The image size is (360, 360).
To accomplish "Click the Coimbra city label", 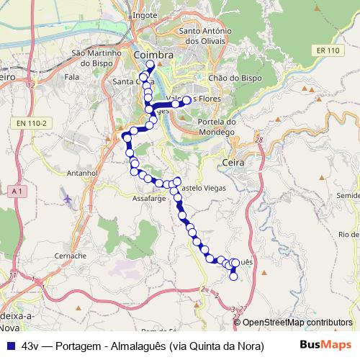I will point(153,55).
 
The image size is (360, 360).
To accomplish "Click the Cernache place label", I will point(71,255).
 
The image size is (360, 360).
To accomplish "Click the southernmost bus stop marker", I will point(233,276).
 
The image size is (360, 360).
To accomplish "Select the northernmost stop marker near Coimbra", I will point(150,64).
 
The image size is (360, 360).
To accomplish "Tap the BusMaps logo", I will point(325,345).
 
